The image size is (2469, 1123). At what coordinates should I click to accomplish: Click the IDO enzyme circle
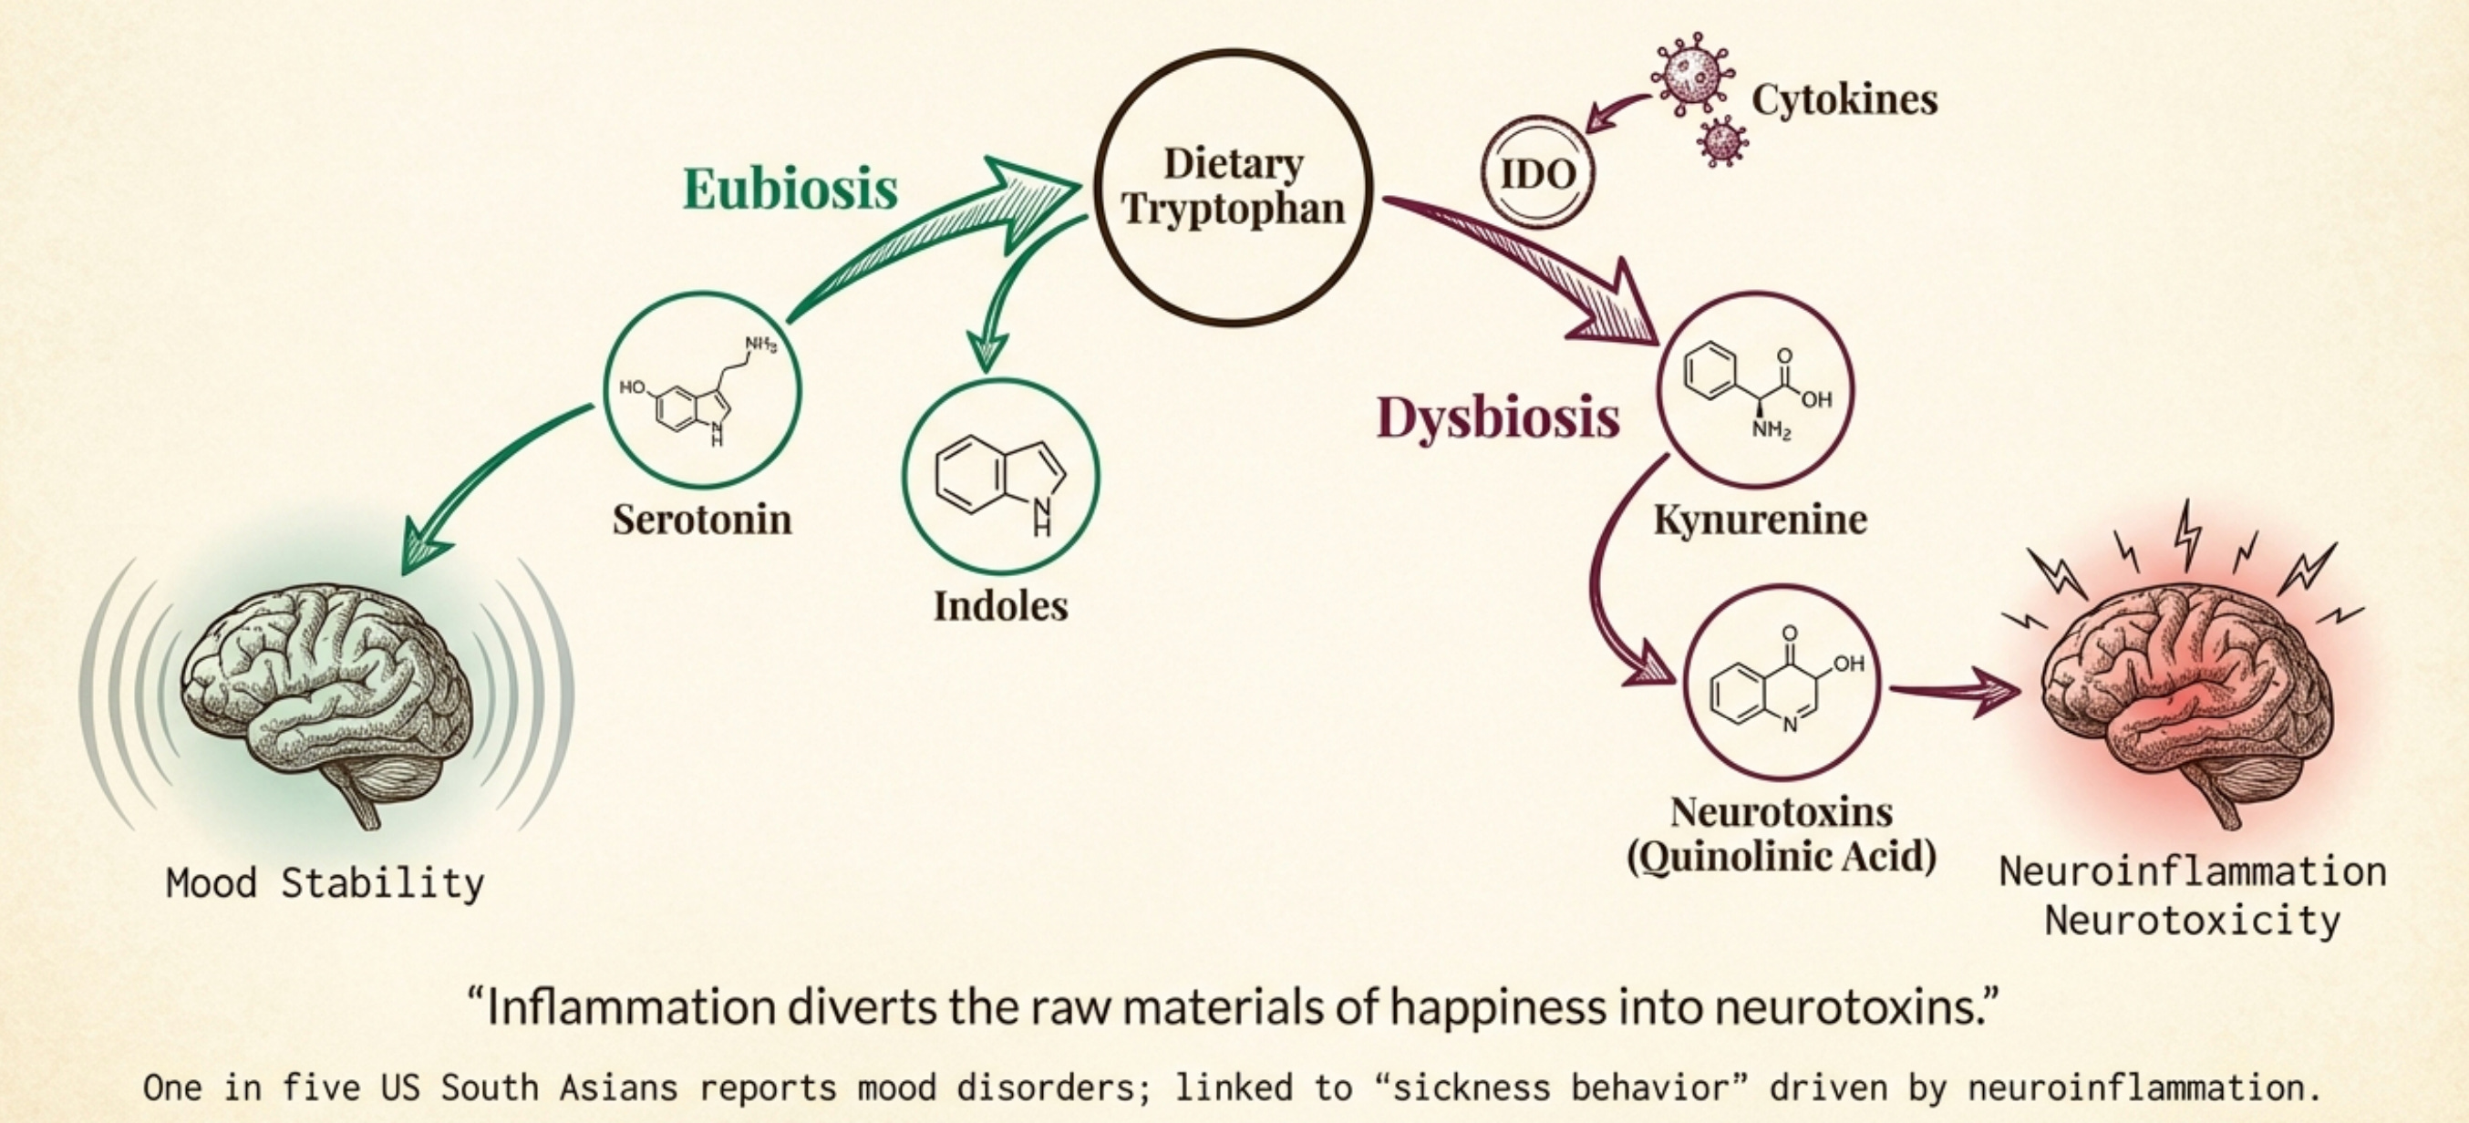tap(1537, 173)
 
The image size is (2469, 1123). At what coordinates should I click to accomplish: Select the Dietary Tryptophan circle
tap(1234, 188)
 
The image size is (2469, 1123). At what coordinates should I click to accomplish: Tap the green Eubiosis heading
tap(790, 188)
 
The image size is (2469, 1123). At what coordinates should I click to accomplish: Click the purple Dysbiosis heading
tap(1498, 417)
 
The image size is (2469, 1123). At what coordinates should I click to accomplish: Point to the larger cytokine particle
tap(1691, 75)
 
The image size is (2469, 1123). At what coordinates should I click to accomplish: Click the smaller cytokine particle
tap(1722, 142)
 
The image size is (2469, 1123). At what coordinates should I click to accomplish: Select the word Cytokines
tap(1844, 99)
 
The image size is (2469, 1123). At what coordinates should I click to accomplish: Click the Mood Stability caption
tap(325, 882)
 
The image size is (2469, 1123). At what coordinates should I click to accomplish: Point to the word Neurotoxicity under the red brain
tap(2192, 921)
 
